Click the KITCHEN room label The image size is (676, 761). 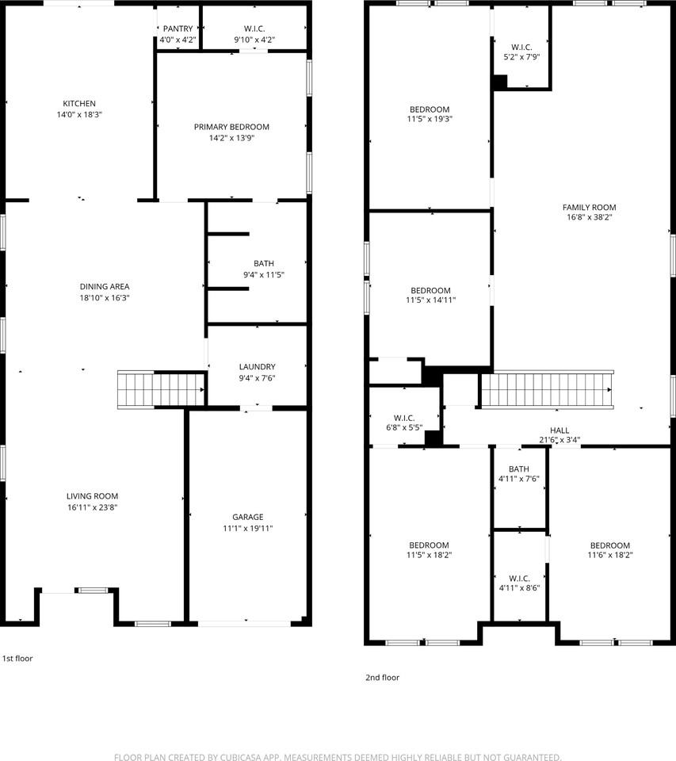pos(79,104)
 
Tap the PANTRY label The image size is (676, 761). pos(178,29)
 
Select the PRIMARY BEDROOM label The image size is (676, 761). pos(231,127)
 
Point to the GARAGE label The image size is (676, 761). pos(247,517)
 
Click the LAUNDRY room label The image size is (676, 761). pos(257,367)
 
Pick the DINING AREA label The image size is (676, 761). pos(105,287)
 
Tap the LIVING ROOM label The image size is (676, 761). pos(93,496)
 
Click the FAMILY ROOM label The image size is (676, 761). pos(589,208)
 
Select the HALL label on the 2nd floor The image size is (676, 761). pos(559,430)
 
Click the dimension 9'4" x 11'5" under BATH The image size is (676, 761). pos(263,275)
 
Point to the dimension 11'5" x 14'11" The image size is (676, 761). pos(430,300)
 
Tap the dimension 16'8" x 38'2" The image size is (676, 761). pos(589,217)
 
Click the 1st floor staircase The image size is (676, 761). pos(161,388)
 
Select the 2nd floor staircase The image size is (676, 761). pos(546,389)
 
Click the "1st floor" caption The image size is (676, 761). pos(17,659)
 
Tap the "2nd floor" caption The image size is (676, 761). pos(381,678)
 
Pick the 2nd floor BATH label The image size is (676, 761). pos(519,469)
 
